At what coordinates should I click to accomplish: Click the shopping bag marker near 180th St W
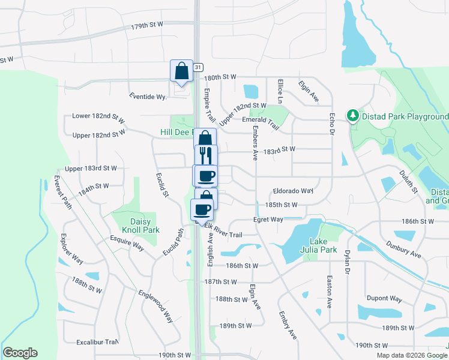point(181,71)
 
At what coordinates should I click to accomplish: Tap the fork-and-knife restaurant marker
point(206,155)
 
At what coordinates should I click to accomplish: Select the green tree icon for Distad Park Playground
point(353,115)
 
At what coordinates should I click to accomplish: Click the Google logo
point(20,353)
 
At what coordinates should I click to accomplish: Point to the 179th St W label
point(147,26)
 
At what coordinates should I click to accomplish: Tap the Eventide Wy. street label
point(148,96)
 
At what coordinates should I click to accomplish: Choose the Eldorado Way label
point(293,191)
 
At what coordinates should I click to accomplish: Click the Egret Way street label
point(268,220)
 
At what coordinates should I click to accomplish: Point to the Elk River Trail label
point(223,230)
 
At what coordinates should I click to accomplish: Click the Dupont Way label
point(384,298)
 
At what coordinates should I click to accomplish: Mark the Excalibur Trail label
point(97,342)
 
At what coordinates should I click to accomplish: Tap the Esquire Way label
point(127,242)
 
